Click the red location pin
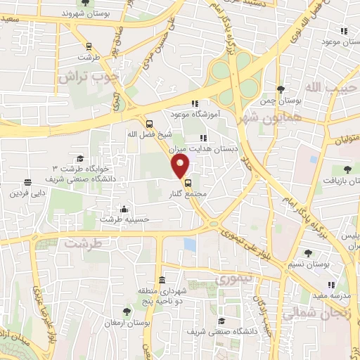click(181, 166)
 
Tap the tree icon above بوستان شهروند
click(85, 3)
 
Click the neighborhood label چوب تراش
click(89, 75)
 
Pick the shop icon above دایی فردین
click(27, 182)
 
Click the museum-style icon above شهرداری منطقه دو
click(162, 279)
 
